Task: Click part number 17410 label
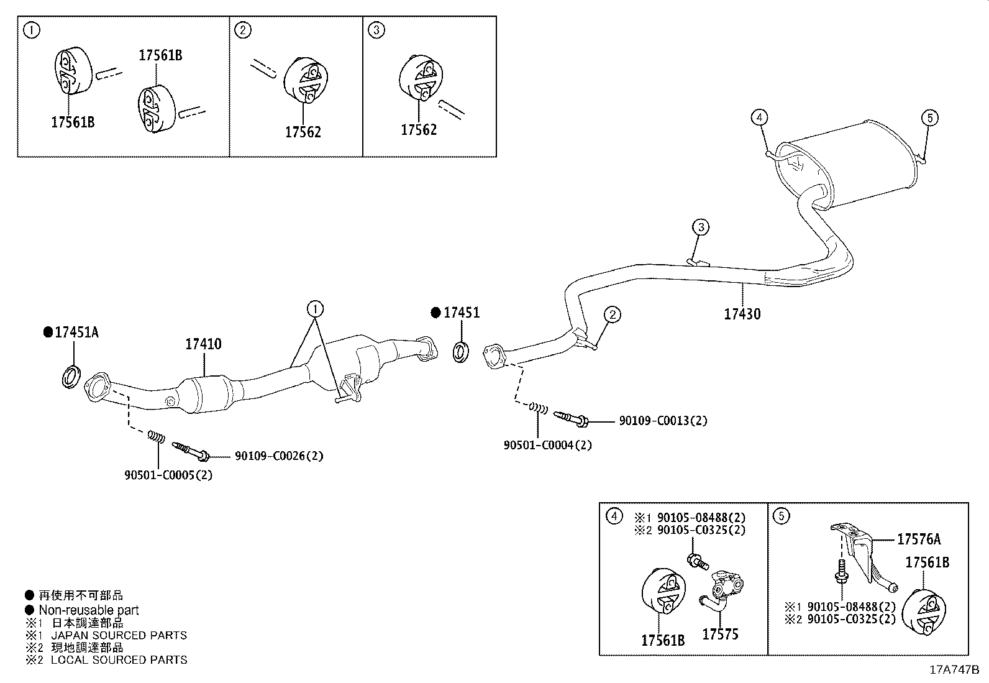pos(203,344)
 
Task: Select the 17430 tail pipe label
pos(742,314)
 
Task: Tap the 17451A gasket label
pos(76,332)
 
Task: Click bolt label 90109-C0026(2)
pos(279,456)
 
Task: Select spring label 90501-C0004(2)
pos(547,444)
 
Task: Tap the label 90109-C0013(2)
pos(663,421)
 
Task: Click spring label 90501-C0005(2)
pos(168,475)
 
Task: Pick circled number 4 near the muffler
pos(759,117)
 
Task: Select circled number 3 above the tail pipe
pos(700,227)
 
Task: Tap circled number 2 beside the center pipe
pos(612,315)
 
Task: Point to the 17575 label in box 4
pos(720,634)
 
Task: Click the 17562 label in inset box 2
pos(303,132)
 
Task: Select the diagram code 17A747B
pos(954,670)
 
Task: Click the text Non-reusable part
pos(88,610)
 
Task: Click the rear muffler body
pos(858,164)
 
